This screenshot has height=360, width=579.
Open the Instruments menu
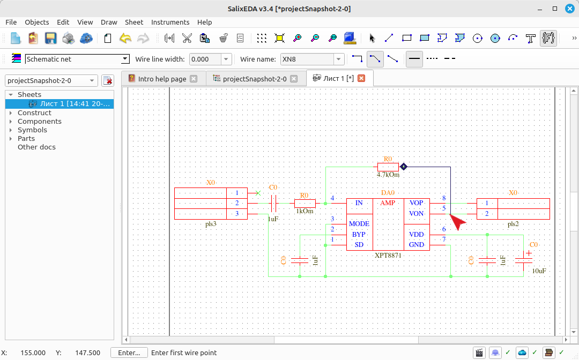click(x=170, y=22)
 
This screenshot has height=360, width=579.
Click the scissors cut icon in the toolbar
click(x=187, y=38)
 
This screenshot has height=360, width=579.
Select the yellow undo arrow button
click(x=125, y=38)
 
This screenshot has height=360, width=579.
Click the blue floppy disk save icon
click(x=50, y=38)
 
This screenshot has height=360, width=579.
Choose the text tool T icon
click(x=531, y=38)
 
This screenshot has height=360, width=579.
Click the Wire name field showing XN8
click(x=308, y=59)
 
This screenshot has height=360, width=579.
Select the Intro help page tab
click(x=162, y=79)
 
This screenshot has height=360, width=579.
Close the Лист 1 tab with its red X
click(x=361, y=78)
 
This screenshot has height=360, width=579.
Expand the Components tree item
click(x=11, y=122)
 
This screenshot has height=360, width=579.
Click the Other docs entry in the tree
click(x=36, y=147)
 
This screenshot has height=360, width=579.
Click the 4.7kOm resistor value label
click(x=388, y=175)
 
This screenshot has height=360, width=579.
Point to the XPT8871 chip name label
click(x=388, y=255)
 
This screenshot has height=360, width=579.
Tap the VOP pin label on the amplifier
click(x=416, y=203)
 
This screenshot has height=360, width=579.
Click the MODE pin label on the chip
click(x=359, y=224)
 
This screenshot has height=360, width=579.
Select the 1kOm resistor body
click(x=305, y=203)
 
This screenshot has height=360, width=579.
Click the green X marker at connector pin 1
click(x=258, y=193)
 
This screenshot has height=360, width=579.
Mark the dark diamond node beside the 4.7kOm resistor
click(x=404, y=167)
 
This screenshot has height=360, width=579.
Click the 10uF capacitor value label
click(x=539, y=271)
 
